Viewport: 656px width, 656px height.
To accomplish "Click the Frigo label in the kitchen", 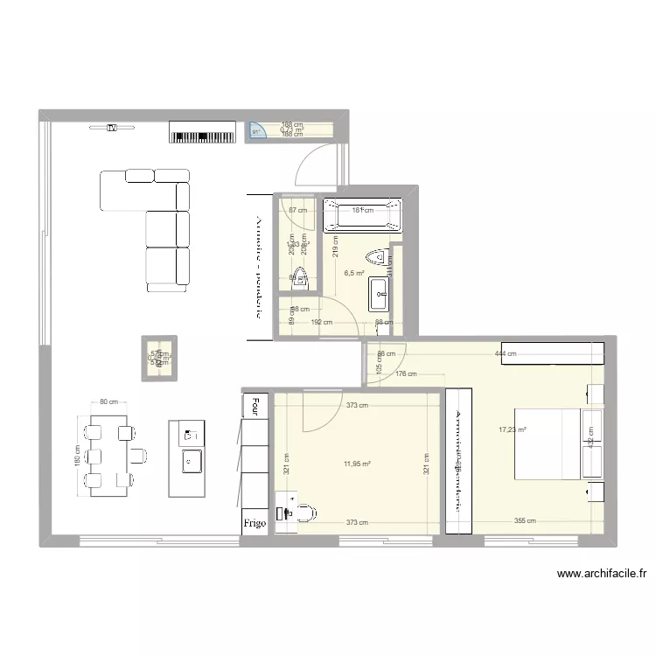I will (x=255, y=523).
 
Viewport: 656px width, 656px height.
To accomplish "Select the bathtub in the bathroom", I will (x=363, y=216).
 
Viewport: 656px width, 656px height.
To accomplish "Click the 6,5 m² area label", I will (x=354, y=272).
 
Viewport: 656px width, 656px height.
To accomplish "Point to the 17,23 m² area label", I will (x=513, y=429).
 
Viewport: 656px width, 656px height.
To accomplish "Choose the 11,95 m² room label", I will (x=356, y=464).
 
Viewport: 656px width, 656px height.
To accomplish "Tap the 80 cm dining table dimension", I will (x=108, y=401).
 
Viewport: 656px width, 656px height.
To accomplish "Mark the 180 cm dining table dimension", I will (x=78, y=460).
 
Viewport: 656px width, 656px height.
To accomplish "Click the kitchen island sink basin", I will (x=189, y=459).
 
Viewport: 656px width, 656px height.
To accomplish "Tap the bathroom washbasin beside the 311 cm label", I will (x=380, y=294).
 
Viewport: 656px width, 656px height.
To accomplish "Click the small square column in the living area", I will (x=160, y=359).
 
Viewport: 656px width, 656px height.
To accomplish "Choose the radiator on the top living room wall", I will (x=203, y=136).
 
